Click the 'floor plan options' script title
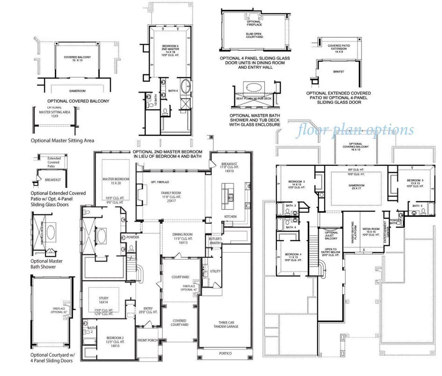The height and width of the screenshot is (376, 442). [356, 130]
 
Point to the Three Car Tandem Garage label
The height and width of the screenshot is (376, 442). [226, 325]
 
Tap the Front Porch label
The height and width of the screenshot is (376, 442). [147, 340]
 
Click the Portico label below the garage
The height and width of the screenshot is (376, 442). [225, 354]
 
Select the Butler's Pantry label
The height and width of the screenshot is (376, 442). [215, 241]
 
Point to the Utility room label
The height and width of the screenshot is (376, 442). [215, 271]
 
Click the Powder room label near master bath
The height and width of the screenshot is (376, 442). [133, 237]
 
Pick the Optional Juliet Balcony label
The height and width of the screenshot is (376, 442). [331, 235]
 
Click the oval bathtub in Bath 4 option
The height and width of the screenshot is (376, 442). [185, 86]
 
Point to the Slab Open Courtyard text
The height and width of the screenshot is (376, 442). [254, 35]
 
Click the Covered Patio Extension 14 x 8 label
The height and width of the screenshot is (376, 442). [339, 49]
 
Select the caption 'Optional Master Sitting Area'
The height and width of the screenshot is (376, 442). [62, 141]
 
